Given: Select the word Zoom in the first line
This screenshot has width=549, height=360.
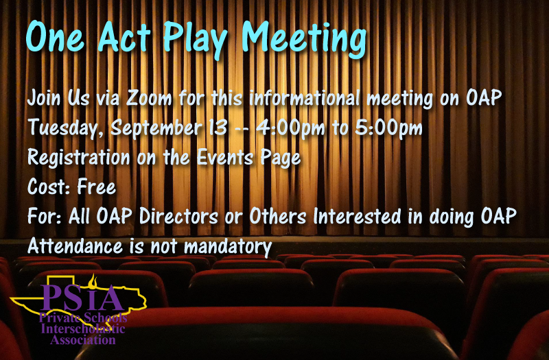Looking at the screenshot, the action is coord(148,97).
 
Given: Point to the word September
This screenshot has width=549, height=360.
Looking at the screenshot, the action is coord(156,128).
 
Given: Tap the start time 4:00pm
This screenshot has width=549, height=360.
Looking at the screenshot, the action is coord(290,128).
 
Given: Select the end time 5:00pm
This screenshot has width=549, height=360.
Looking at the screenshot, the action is coord(388,128).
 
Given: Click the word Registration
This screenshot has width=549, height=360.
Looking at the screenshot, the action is coord(79,158).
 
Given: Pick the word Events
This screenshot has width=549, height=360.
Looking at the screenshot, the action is coord(225,158).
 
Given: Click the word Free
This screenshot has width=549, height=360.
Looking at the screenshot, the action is coord(97,187).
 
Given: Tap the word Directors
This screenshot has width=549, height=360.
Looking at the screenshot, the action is coord(179,216).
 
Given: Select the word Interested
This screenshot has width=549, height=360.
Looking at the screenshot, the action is coord(357,216).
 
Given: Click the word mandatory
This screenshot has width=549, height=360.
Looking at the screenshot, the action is coord(228,247).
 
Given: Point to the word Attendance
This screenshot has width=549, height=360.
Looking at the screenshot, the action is coord(75,246).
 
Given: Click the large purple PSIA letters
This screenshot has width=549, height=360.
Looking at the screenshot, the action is coord(82,298).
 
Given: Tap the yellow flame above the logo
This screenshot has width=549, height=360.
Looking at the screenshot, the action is coord(93,280).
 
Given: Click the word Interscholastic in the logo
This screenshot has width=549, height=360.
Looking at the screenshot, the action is coord(83,329).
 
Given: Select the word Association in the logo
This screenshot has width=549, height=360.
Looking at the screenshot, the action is coord(83,339).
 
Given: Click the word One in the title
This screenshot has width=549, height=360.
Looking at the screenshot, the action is coord(56,37).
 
